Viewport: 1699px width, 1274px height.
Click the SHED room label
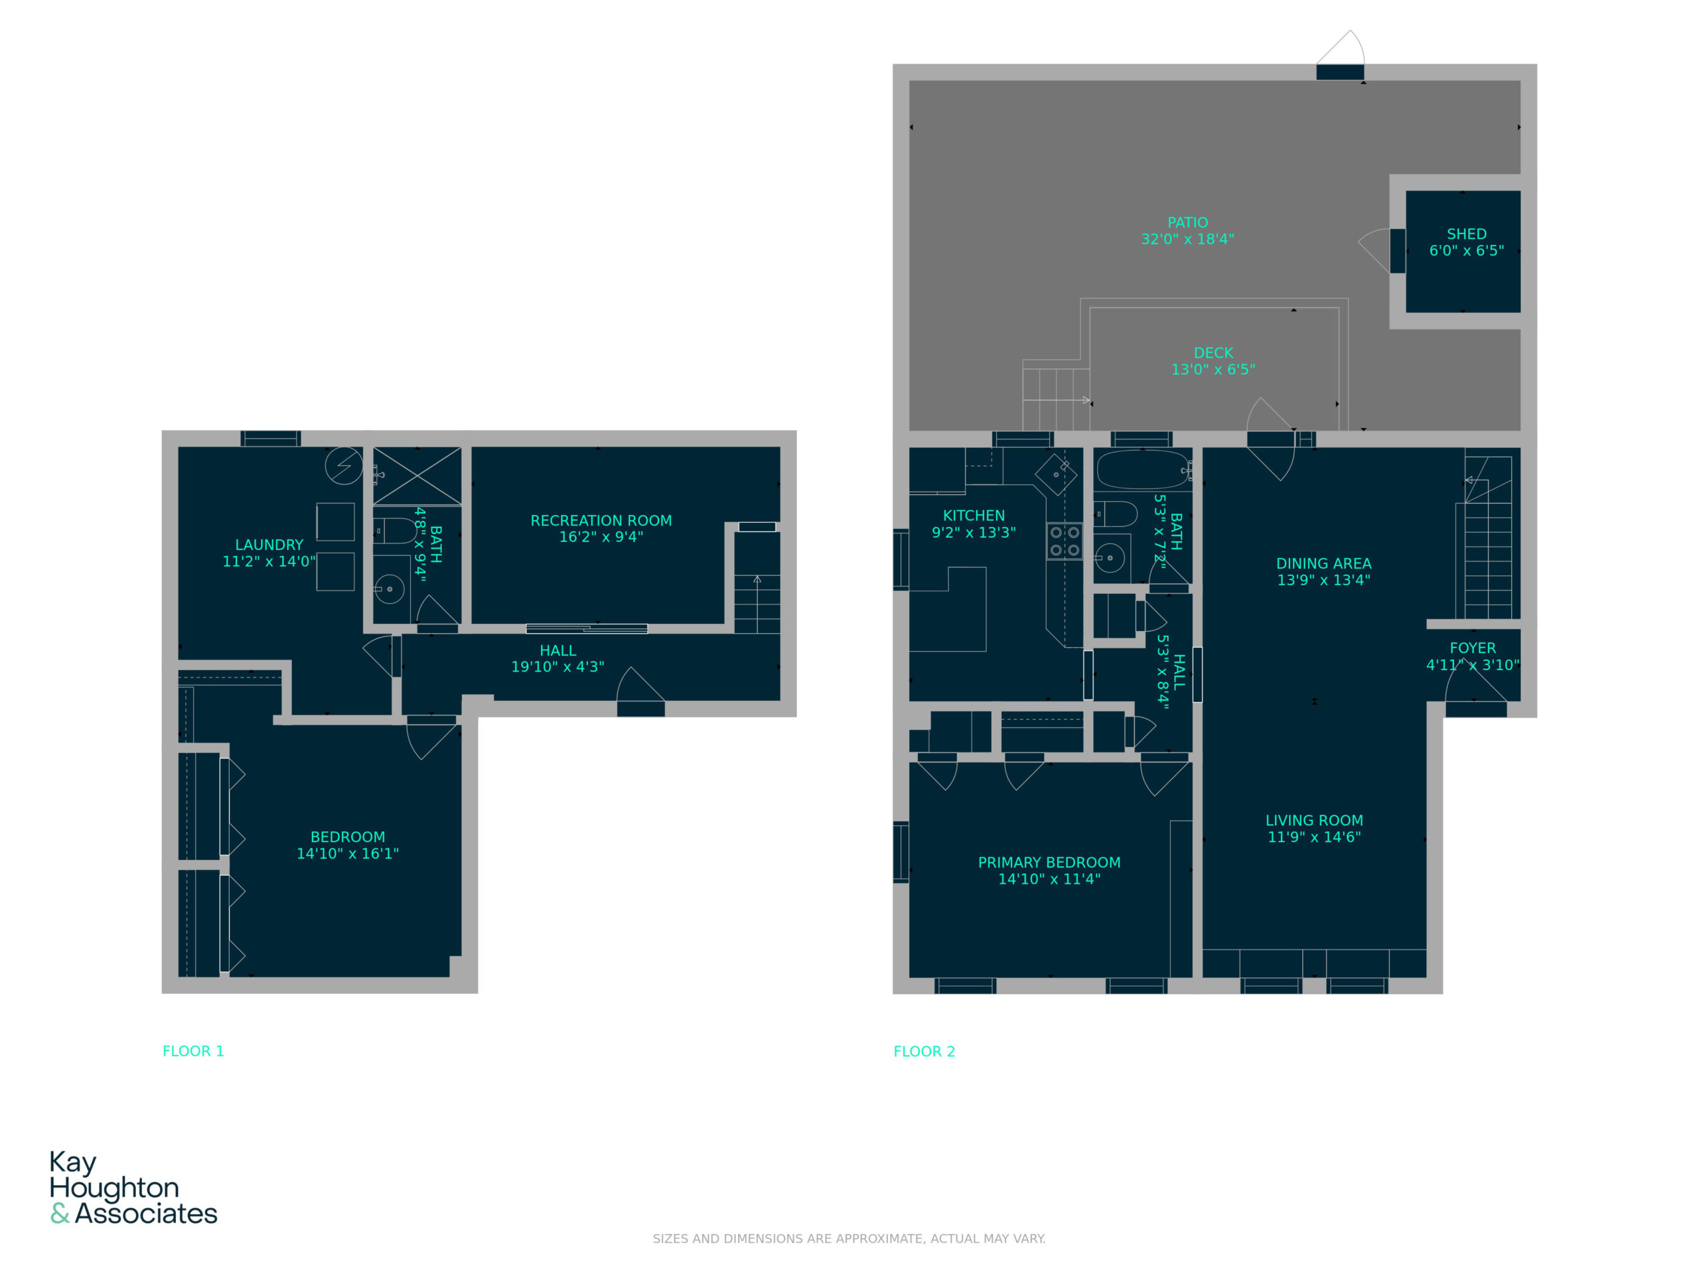(x=1466, y=234)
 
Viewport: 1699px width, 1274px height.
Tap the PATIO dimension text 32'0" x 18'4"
(x=1187, y=239)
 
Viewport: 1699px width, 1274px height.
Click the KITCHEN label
(x=974, y=516)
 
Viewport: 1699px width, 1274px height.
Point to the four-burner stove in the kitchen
(x=1065, y=541)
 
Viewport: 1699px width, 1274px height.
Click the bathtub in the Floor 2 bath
(x=1143, y=470)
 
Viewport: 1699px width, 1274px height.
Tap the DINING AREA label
(x=1323, y=563)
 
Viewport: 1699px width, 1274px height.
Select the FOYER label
(x=1473, y=648)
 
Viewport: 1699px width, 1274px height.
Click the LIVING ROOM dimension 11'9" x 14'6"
(x=1314, y=837)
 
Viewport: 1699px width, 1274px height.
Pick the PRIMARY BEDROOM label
(x=1049, y=863)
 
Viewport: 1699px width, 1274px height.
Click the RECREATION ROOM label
(x=601, y=521)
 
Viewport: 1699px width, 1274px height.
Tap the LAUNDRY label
(x=269, y=545)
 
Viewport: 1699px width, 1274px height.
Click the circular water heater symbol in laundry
(x=343, y=465)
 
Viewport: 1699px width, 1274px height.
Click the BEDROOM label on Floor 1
(x=348, y=837)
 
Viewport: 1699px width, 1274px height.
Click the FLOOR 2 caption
(x=924, y=1051)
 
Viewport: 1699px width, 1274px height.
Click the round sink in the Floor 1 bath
(x=390, y=589)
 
